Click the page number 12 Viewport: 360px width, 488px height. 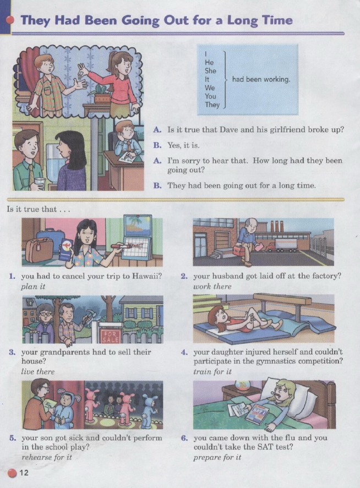[x=24, y=473]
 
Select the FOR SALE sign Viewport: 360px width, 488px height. [x=110, y=336]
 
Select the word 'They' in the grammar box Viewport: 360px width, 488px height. [x=212, y=105]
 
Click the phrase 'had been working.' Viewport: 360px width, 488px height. [x=261, y=79]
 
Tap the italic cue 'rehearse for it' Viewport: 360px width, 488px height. [x=47, y=457]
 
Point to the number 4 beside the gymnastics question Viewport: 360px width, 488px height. [x=184, y=352]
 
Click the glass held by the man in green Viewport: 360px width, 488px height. [x=39, y=183]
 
